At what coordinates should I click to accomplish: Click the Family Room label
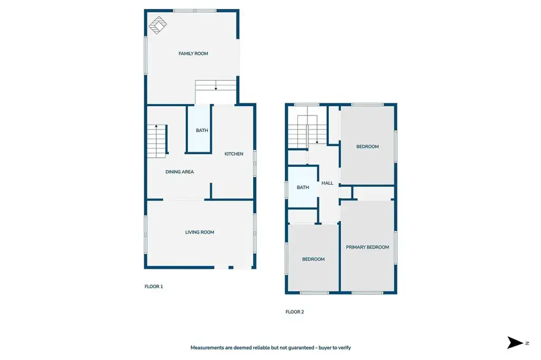[193, 53]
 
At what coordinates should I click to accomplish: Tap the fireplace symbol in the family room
[157, 25]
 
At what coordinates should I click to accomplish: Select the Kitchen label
[234, 154]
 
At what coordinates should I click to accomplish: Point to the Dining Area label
[180, 172]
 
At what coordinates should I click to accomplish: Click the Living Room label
[199, 232]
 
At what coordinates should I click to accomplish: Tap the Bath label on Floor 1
[202, 130]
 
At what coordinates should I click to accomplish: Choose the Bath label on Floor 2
[303, 187]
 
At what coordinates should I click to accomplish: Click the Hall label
[328, 183]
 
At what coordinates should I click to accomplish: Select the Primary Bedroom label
[368, 247]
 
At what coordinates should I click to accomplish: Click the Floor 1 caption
[154, 286]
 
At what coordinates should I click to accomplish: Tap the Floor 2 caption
[295, 312]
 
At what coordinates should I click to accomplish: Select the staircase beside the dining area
[157, 141]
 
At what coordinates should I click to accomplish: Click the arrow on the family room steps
[216, 85]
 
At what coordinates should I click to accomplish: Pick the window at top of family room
[194, 11]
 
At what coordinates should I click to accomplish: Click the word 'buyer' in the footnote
[325, 347]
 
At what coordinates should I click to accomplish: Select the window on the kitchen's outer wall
[255, 163]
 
